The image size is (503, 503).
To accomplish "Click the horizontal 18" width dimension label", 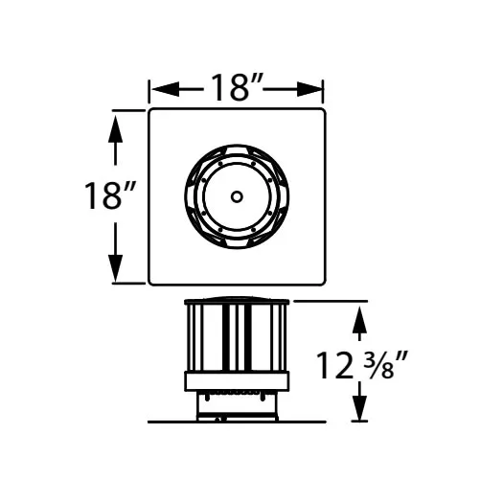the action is tap(237, 87).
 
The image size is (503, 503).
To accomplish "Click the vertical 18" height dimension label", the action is tap(110, 195).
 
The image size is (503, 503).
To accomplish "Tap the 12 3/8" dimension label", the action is tap(362, 365).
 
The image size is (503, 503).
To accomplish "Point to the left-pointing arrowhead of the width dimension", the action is tap(166, 89).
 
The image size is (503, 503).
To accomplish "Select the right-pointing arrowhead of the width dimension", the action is tap(309, 89).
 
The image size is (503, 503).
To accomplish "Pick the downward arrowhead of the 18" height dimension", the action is tap(115, 268).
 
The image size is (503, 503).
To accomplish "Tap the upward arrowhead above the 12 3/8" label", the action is tap(359, 320).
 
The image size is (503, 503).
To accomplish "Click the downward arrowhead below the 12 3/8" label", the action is tap(359, 408).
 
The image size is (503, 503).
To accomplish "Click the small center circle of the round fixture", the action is tap(237, 196).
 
